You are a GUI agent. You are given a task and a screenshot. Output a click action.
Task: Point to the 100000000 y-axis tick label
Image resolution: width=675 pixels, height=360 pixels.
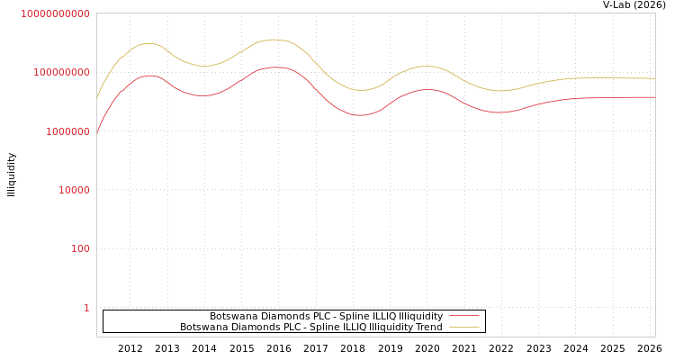(55, 72)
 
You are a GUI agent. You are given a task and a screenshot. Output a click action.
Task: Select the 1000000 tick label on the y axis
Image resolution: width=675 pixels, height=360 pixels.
(61, 131)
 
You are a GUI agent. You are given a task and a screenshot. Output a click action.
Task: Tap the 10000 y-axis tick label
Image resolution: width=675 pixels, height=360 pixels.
(67, 190)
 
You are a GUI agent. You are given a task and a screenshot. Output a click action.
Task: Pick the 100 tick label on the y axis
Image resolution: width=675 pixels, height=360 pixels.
(80, 248)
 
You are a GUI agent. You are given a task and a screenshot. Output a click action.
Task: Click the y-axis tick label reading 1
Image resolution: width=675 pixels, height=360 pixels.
(86, 308)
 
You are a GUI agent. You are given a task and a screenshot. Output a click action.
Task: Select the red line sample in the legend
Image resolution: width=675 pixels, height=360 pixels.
(463, 317)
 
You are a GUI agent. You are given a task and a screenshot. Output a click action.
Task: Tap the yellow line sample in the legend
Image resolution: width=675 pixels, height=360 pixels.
(463, 328)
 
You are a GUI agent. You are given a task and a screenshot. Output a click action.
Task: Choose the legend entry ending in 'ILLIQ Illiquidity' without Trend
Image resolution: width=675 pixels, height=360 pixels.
(326, 317)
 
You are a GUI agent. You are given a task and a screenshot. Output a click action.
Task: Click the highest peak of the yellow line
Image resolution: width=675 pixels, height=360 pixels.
(274, 40)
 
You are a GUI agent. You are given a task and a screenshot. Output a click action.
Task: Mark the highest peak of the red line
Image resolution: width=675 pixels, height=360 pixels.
(274, 67)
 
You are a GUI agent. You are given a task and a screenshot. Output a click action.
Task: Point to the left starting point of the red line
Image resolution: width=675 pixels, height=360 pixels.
(97, 132)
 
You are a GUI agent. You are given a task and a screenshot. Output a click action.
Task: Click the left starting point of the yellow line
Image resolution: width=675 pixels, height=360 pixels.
(97, 97)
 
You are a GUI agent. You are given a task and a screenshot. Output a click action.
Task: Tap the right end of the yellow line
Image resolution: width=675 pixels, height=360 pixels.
(654, 78)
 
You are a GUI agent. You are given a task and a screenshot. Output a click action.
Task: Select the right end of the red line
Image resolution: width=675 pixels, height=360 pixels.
(654, 97)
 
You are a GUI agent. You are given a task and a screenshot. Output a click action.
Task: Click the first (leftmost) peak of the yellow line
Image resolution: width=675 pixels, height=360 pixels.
(148, 43)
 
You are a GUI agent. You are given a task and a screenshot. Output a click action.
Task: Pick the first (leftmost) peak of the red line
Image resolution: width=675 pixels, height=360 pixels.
(150, 76)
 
